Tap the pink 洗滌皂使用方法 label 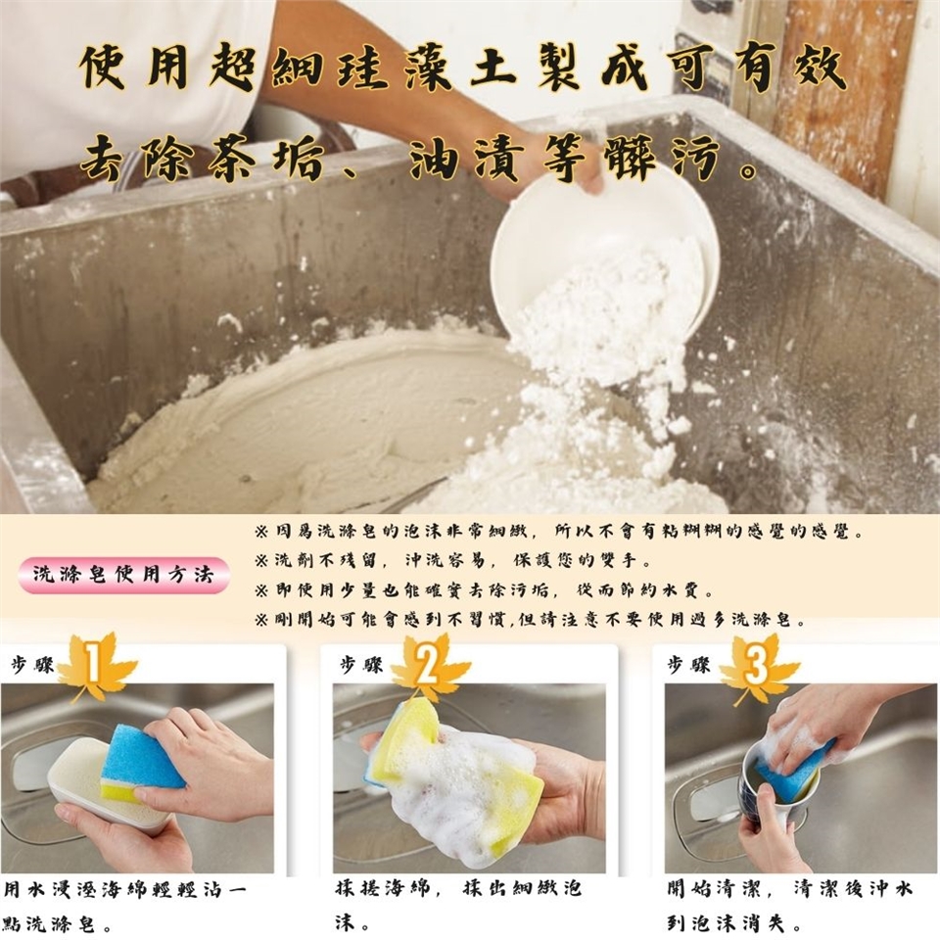pyautogui.click(x=123, y=575)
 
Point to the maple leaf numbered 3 pyautogui.click(x=758, y=669)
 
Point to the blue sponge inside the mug pyautogui.click(x=791, y=771)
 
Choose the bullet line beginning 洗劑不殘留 pyautogui.click(x=453, y=560)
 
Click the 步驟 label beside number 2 pyautogui.click(x=361, y=665)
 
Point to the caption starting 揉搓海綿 pyautogui.click(x=458, y=905)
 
